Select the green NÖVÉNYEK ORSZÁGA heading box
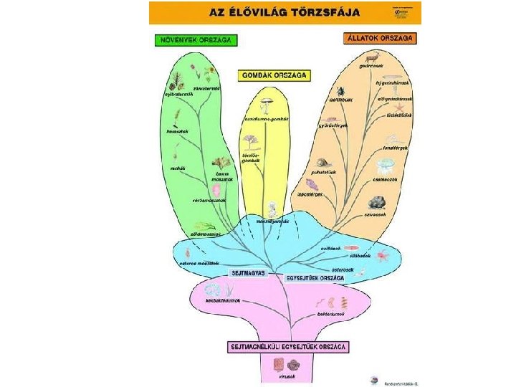click(194, 40)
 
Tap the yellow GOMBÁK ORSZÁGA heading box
click(274, 75)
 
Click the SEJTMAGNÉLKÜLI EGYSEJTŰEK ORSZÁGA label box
click(290, 347)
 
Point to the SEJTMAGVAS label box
click(247, 273)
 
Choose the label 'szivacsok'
click(376, 214)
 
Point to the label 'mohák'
click(177, 168)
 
